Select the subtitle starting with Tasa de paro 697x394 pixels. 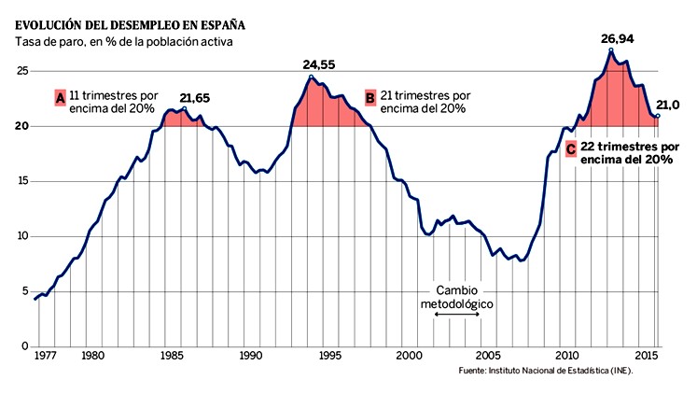pos(122,42)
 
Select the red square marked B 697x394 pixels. pos(370,98)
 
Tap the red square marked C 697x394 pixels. pos(569,148)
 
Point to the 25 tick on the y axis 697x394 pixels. pos(21,72)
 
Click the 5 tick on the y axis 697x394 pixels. pos(25,291)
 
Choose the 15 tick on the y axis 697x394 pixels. pos(21,181)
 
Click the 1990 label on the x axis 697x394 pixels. pos(250,357)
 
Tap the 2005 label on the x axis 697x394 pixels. pos(488,357)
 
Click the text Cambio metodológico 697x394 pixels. pos(457,298)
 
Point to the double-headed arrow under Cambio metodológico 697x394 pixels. pos(457,319)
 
